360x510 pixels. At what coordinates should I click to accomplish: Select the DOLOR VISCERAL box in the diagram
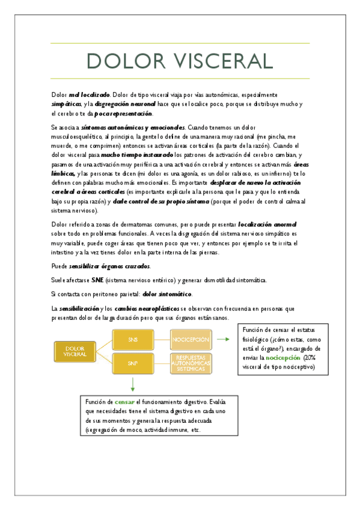click(75, 352)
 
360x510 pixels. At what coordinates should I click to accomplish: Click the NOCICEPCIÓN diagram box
click(191, 340)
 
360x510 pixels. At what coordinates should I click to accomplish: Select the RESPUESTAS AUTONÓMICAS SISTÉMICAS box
click(191, 363)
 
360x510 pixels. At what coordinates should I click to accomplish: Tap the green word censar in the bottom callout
click(125, 401)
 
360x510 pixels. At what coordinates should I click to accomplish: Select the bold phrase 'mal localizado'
click(89, 95)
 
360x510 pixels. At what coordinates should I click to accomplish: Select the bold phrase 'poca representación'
click(124, 113)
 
